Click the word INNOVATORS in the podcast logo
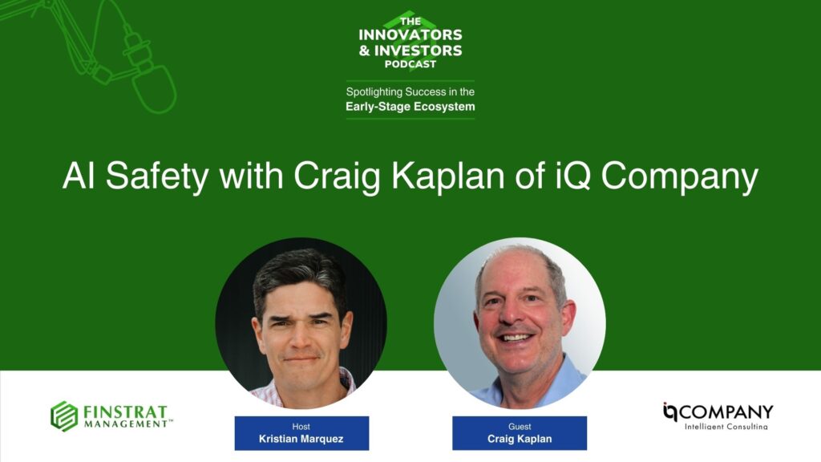[x=410, y=35]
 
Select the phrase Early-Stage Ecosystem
[x=410, y=107]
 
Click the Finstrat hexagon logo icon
[x=64, y=416]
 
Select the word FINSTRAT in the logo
[x=124, y=411]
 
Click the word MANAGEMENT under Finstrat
[x=125, y=423]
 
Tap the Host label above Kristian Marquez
[x=301, y=427]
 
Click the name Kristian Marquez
[x=301, y=439]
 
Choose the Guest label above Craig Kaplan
[x=520, y=427]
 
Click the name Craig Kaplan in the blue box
[x=520, y=439]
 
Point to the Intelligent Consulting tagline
[x=726, y=427]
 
